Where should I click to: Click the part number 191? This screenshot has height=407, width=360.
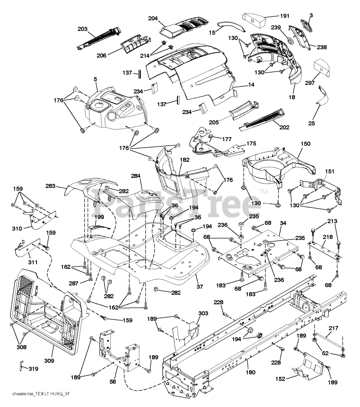pos(284,16)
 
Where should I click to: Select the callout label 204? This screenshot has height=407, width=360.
pos(153,18)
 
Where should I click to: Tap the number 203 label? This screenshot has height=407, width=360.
pos(83,29)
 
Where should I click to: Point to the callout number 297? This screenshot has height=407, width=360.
pos(310,83)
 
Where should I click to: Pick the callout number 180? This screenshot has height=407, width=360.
pos(251,378)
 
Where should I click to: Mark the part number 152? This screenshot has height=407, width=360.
pos(280,384)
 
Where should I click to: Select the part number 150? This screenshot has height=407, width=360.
pos(305,144)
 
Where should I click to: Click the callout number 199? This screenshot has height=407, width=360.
pos(99,217)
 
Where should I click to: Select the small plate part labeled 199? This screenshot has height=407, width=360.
pos(99,227)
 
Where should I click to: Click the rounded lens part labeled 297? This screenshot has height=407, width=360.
pos(322,68)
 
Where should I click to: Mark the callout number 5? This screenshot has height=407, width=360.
pos(95,79)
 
